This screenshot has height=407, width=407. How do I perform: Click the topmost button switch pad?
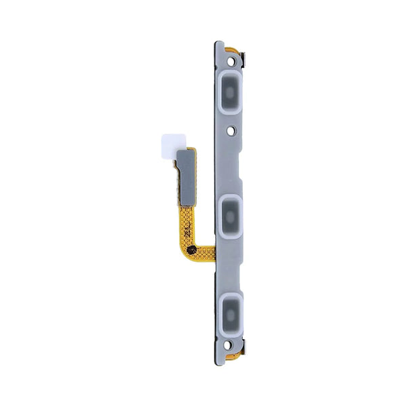pos(231,88)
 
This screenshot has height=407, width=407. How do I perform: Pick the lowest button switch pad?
pos(231,311)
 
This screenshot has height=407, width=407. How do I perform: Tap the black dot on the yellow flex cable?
pos(192,250)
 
